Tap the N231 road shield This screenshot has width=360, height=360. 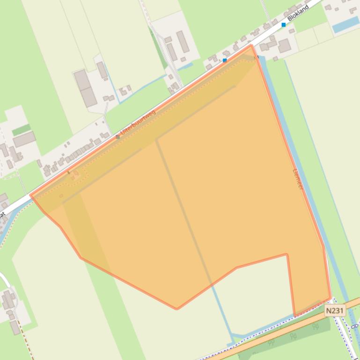point(335,310)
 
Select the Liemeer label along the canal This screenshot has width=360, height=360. point(298,179)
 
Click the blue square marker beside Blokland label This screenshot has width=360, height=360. point(284,25)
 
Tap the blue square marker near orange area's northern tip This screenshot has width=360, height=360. point(225,60)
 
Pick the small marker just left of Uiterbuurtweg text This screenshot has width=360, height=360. point(118,137)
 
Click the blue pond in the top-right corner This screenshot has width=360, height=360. point(345,24)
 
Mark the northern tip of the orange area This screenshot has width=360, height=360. point(251,45)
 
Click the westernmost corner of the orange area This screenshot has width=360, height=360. point(31,195)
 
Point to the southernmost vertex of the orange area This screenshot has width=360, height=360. point(176,309)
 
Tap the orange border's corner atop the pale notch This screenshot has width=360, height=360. point(286,254)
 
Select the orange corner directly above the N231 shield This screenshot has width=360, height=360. point(331,298)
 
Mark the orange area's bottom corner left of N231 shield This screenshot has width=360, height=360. point(294,316)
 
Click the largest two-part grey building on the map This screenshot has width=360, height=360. point(85,87)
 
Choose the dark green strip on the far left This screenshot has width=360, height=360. point(21,130)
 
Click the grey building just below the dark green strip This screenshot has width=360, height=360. point(24,139)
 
